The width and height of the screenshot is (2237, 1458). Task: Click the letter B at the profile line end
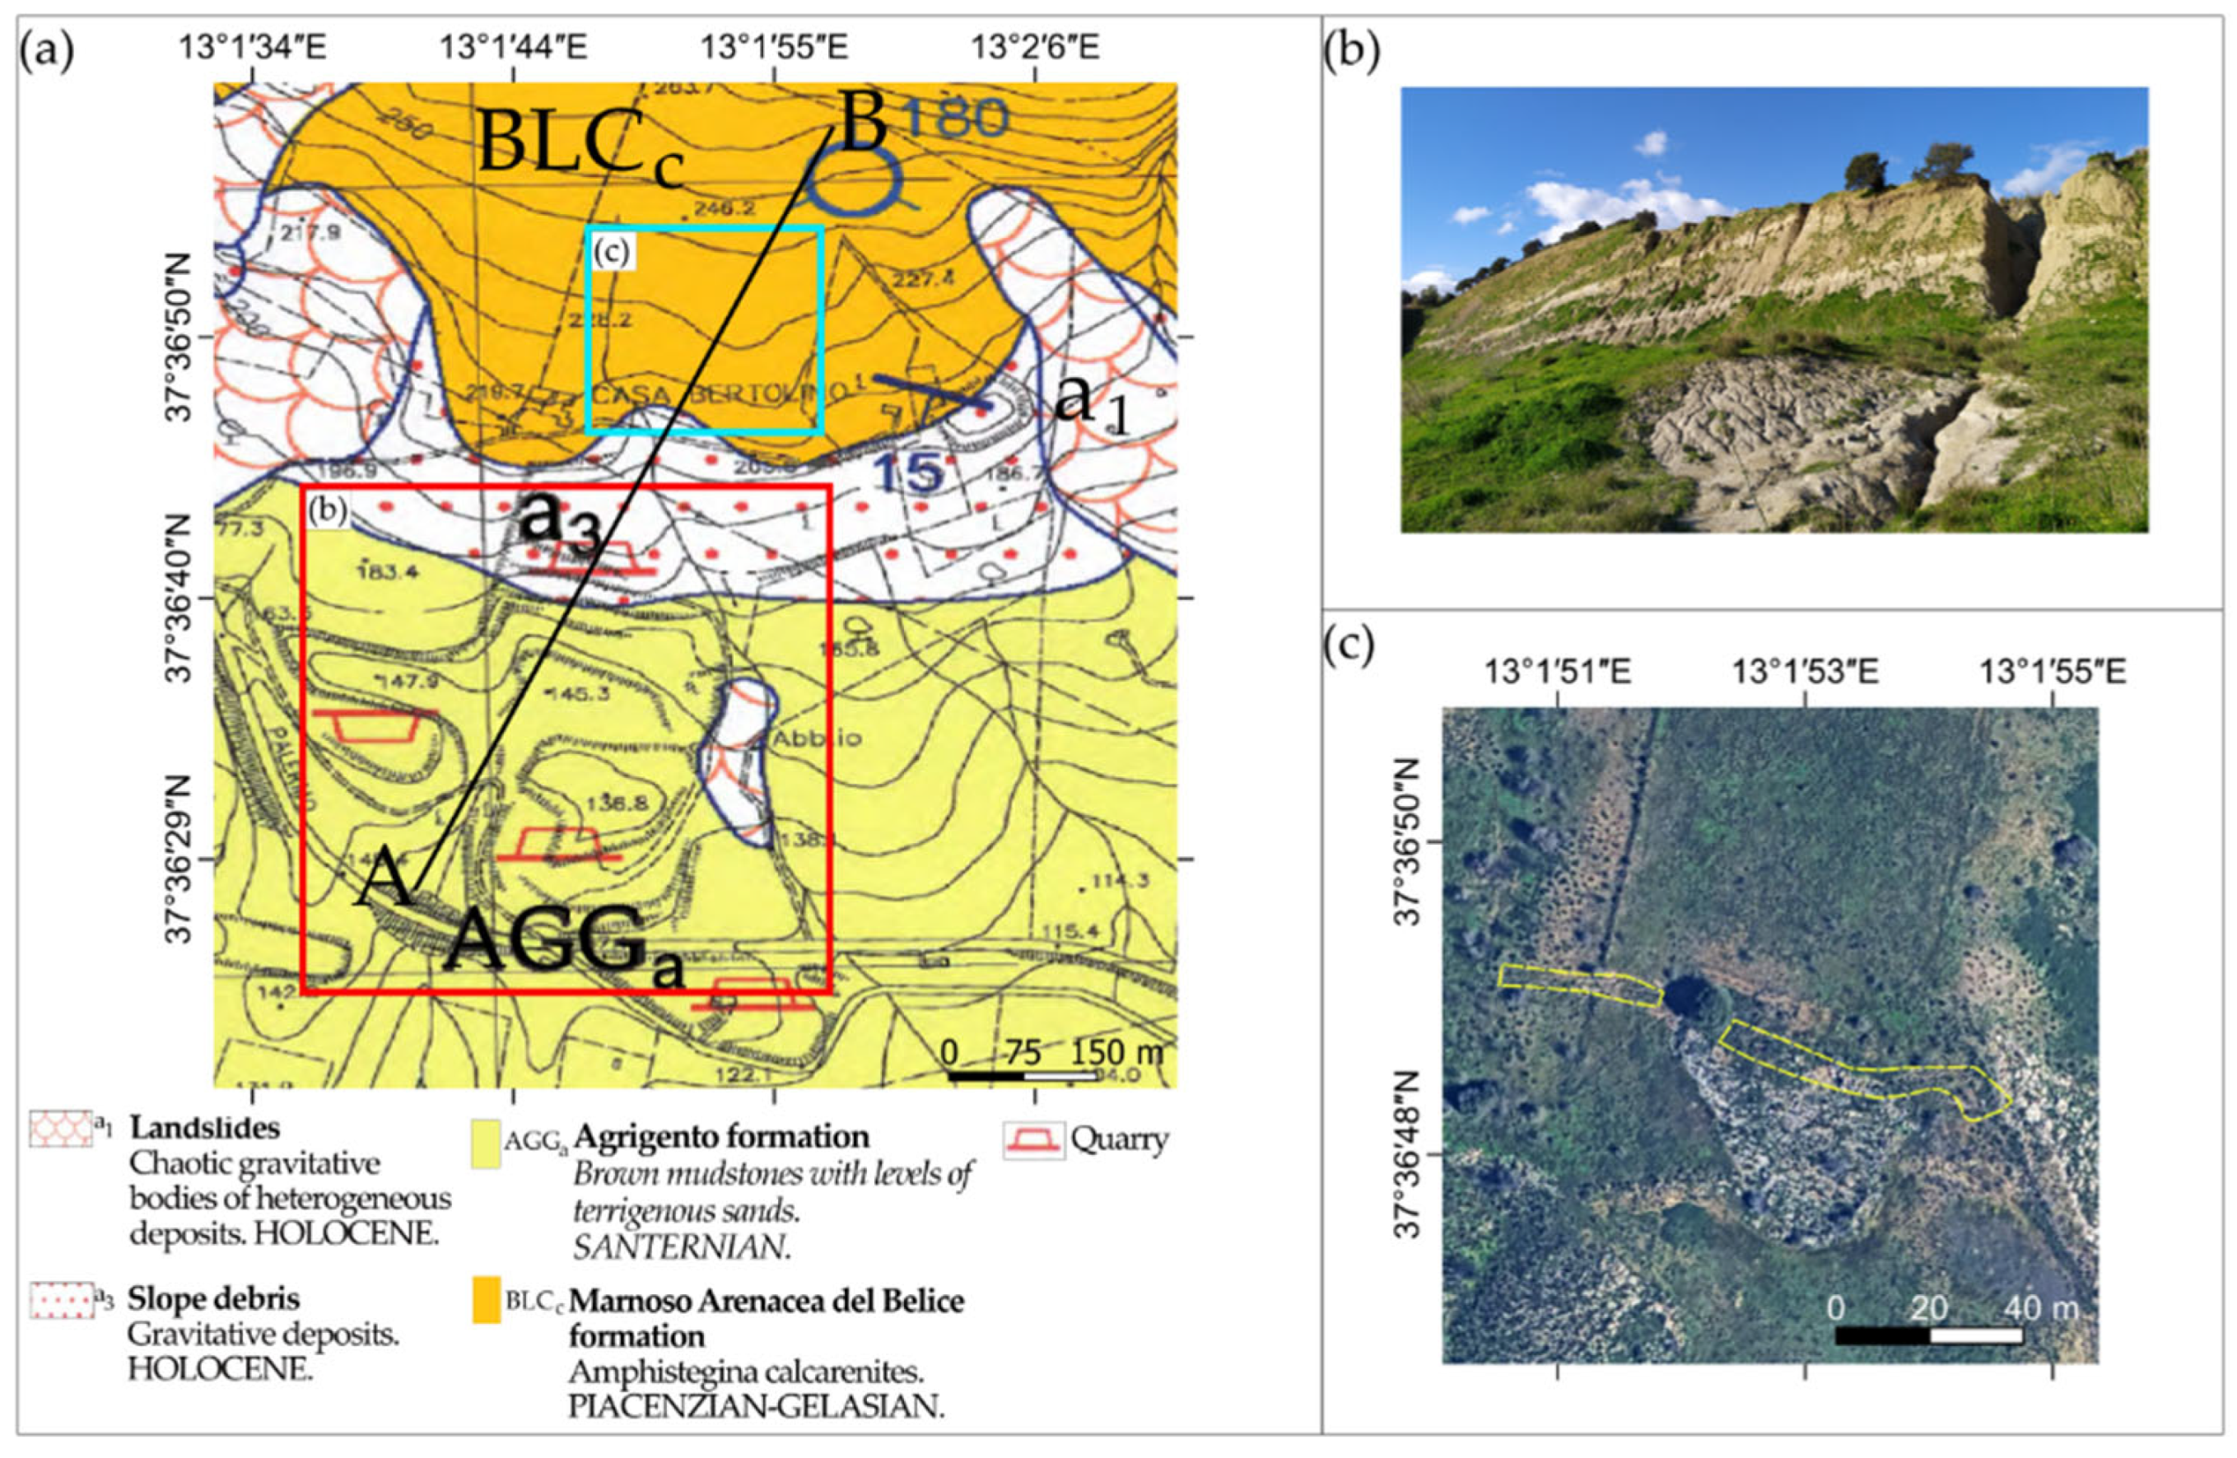click(863, 128)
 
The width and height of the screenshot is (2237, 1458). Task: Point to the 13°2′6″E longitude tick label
click(1035, 46)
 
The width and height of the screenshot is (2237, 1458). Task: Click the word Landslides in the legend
click(204, 1126)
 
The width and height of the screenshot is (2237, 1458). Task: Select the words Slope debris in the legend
click(213, 1299)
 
